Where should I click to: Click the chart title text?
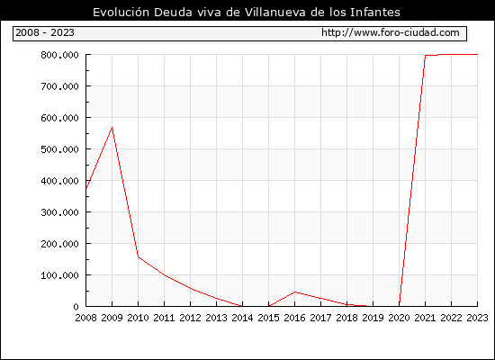point(247,13)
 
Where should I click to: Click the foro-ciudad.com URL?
point(391,32)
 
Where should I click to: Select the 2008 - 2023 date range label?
point(45,32)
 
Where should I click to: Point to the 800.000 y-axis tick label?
point(59,55)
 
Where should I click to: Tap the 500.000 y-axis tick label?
point(59,149)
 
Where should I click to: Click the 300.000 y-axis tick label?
point(59,212)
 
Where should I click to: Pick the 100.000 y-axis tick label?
point(59,275)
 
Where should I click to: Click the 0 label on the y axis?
point(76,307)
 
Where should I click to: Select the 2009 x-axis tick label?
point(112,318)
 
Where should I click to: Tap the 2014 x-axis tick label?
point(242,318)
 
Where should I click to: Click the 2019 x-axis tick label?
point(373,318)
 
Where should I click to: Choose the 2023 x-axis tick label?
point(477,318)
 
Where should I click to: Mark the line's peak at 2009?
point(112,127)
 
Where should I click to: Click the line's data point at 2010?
point(139,256)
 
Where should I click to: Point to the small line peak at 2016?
point(295,292)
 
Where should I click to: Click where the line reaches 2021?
point(425,56)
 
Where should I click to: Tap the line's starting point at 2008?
point(86,188)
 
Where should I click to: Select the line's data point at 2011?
point(165,275)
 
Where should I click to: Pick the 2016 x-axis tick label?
point(294,318)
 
